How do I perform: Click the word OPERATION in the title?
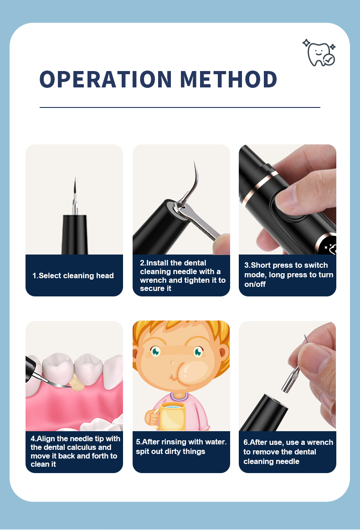[106, 79]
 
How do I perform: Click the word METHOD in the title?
[228, 79]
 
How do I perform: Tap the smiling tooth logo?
[319, 53]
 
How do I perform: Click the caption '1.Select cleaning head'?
[73, 275]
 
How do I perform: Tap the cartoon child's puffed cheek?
[190, 372]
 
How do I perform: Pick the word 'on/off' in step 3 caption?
[255, 284]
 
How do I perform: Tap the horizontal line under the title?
[180, 107]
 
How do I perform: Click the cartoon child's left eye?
[156, 352]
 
